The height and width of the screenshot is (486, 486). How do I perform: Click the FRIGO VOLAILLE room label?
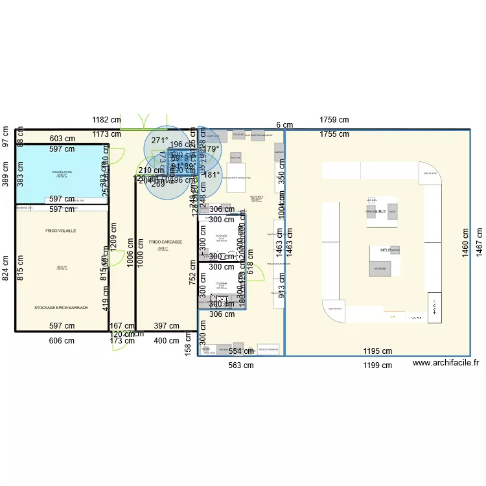tap(61, 231)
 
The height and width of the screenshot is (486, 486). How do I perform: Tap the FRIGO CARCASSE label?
tap(165, 242)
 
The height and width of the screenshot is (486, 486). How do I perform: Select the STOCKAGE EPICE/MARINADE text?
tap(61, 308)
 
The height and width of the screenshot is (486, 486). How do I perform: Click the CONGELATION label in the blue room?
tap(62, 172)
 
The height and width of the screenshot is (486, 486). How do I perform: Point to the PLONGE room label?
tap(222, 236)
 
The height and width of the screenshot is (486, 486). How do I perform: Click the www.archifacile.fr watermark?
tap(445, 365)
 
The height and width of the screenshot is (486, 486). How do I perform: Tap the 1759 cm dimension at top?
tap(334, 120)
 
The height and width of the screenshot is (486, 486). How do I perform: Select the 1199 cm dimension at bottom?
tap(377, 365)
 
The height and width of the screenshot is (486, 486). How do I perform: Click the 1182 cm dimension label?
tap(106, 120)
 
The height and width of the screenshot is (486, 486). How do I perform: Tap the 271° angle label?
tap(159, 140)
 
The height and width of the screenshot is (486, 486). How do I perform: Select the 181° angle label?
tap(212, 175)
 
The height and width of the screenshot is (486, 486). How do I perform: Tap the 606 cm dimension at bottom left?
tap(62, 341)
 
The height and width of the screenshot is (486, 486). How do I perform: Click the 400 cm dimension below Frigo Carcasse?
tap(167, 341)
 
